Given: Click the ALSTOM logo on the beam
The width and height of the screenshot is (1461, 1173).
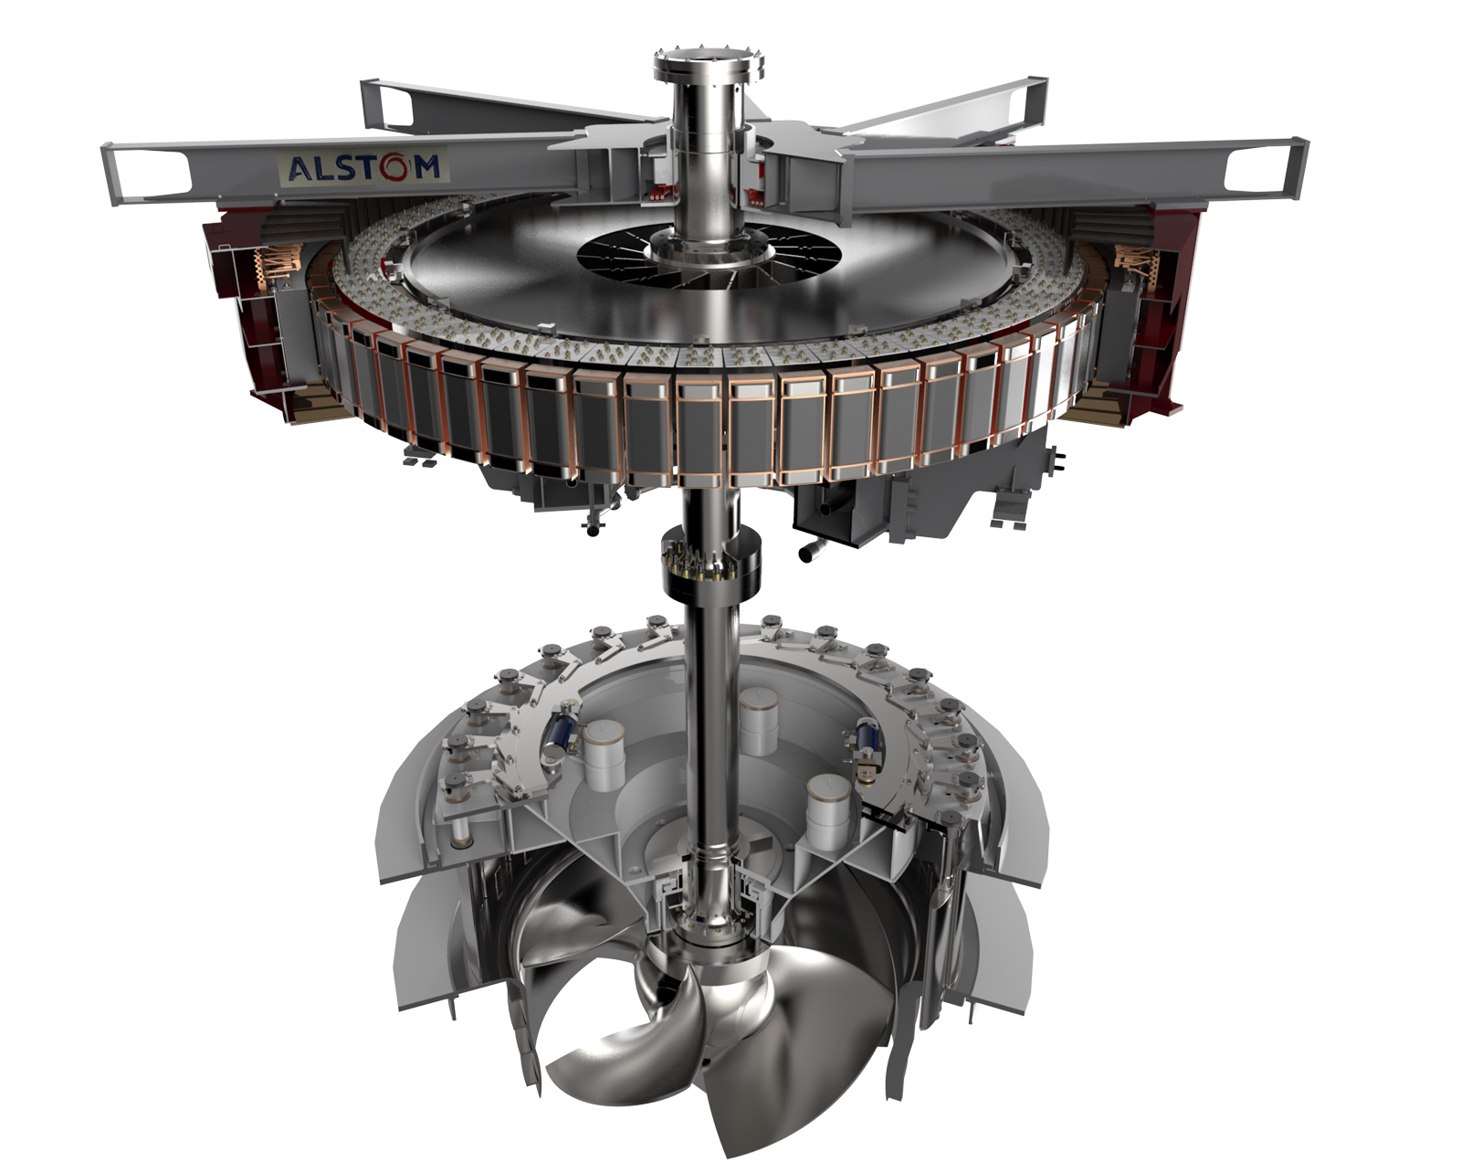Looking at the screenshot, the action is (x=363, y=167).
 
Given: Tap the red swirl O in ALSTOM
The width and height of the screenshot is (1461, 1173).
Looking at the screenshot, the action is (x=395, y=167).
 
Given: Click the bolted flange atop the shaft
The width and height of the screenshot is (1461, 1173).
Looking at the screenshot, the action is (x=709, y=61).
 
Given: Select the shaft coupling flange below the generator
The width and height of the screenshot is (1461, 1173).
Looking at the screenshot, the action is (x=710, y=560).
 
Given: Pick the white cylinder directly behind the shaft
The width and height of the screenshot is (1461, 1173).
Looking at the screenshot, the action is (x=758, y=720).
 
